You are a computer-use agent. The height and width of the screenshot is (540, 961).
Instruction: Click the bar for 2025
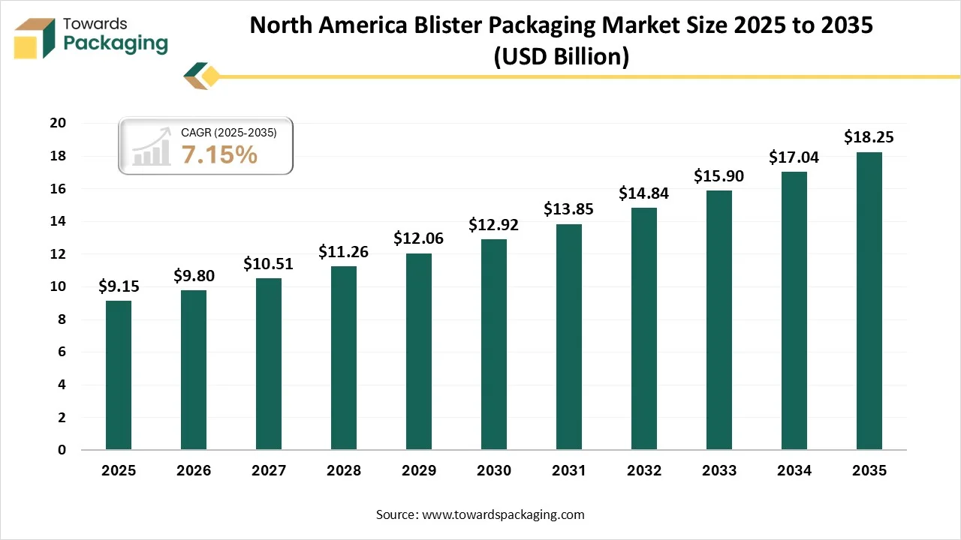(x=119, y=375)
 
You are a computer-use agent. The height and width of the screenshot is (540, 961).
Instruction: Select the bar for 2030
(x=494, y=344)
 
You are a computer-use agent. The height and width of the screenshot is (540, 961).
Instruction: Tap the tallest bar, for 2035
(x=869, y=301)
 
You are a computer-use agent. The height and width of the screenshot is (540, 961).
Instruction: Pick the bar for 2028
(x=344, y=358)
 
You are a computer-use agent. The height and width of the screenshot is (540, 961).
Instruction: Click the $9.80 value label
(x=194, y=276)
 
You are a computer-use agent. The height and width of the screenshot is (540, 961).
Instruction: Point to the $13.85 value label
(x=569, y=209)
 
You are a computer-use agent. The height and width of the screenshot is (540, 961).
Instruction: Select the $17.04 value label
(x=794, y=157)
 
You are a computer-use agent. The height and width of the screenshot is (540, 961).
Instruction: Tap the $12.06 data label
(x=419, y=238)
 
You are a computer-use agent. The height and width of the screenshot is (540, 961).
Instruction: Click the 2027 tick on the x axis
(x=269, y=471)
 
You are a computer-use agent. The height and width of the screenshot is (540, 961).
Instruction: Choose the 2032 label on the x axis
(x=644, y=471)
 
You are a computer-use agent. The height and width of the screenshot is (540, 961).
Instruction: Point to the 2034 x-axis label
(x=794, y=471)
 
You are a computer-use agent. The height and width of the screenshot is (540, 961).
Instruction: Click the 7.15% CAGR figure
(x=219, y=154)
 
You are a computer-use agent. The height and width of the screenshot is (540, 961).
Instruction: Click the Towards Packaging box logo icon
(x=36, y=38)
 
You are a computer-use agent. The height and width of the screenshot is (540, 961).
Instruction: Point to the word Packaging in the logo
(x=116, y=44)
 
